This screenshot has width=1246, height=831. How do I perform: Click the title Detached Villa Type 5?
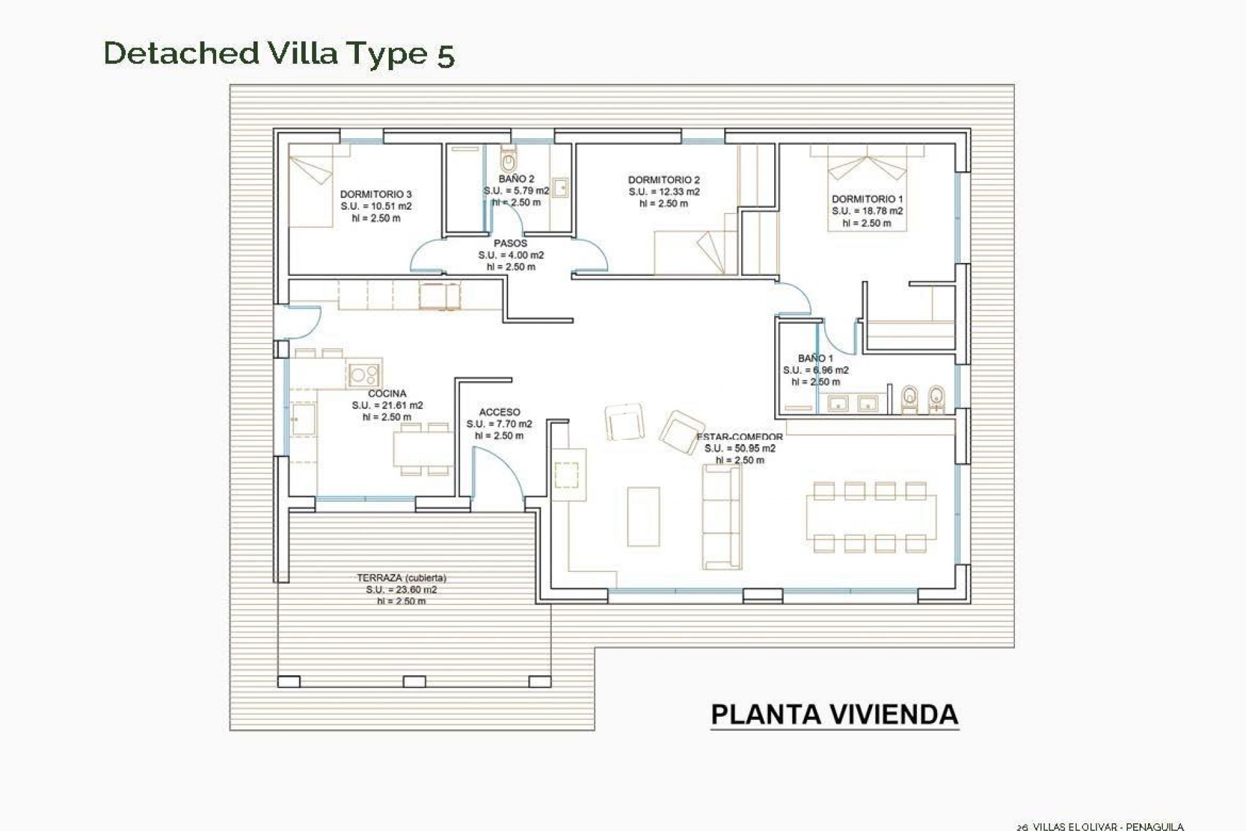tap(279, 53)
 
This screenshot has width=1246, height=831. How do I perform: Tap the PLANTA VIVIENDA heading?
tap(835, 715)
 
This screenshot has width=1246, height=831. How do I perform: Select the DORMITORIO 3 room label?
tap(376, 194)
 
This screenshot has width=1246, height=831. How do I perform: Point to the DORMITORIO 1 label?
tap(867, 199)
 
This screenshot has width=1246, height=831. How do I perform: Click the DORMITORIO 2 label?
tap(664, 180)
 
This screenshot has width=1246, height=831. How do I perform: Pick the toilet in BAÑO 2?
tap(508, 158)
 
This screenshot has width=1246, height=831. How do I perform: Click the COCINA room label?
tap(387, 393)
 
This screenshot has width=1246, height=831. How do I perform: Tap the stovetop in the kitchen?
tap(363, 374)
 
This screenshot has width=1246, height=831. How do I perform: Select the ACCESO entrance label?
tap(499, 412)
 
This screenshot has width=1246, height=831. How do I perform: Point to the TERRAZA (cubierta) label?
tap(401, 578)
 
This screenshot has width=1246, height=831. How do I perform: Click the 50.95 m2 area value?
tap(740, 449)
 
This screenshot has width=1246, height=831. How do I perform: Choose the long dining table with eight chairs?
tap(871, 517)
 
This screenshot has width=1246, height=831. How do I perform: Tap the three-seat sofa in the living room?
tap(722, 517)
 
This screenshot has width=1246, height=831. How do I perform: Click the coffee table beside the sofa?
tap(643, 517)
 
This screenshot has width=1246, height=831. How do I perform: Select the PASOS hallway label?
tap(511, 243)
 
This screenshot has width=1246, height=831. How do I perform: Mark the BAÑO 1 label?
tap(815, 358)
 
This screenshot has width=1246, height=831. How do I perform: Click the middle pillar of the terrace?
tap(414, 682)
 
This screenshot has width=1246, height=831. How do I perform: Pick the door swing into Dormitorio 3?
tap(425, 256)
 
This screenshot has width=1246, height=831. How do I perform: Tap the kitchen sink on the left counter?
tap(302, 419)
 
